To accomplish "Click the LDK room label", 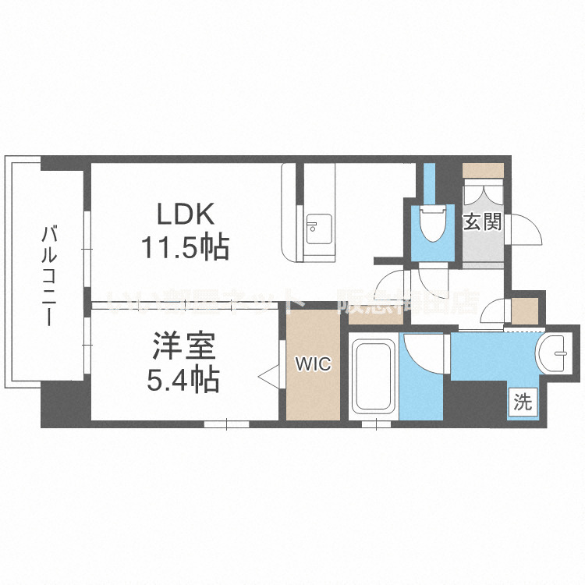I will (185, 214).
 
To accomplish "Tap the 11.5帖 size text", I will (185, 247).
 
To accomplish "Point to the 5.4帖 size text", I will (183, 379).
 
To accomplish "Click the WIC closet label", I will (312, 363).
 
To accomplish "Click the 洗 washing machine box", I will (523, 402).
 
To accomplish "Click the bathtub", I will (372, 376).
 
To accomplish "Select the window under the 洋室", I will (226, 424).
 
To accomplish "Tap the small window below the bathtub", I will (375, 424).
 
